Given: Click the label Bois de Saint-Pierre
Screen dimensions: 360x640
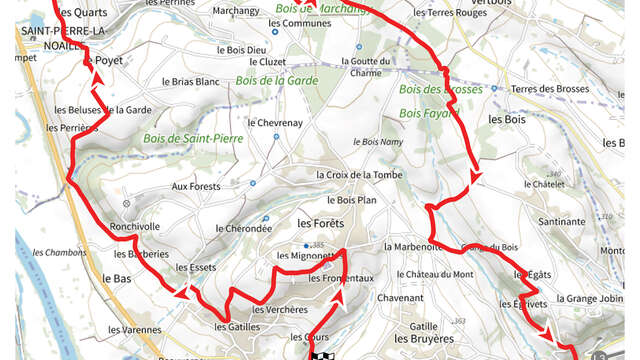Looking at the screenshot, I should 193,138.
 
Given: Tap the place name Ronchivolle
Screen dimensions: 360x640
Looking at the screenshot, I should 135,226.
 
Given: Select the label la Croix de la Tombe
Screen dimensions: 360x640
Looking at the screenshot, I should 359,174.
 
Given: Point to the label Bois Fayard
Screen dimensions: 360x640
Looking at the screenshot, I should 423,113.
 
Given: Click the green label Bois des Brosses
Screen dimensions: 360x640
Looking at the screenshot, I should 440,89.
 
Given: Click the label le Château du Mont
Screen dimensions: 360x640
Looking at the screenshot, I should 435,274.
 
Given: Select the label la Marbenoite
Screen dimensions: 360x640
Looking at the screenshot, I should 412,246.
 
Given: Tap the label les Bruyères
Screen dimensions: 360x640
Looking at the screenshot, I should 423,339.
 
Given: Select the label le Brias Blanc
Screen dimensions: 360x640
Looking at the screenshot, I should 190,82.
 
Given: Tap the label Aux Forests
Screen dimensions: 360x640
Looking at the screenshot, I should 194,186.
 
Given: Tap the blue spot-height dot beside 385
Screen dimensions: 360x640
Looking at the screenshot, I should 306,245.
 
